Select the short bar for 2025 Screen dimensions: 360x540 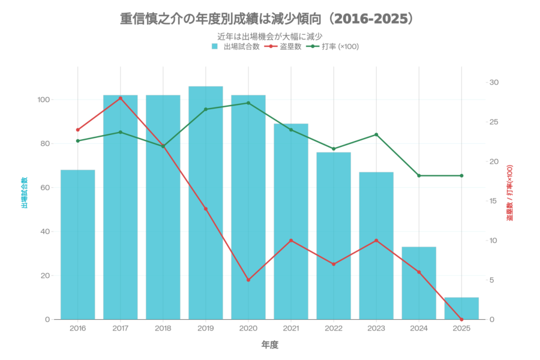pyautogui.click(x=461, y=308)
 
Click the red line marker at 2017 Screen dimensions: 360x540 pyautogui.click(x=120, y=98)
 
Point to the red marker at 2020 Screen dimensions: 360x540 pyautogui.click(x=248, y=280)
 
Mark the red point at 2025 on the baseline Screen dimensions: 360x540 pyautogui.click(x=461, y=319)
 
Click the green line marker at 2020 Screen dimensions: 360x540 pyautogui.click(x=248, y=103)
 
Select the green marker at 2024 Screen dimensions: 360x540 pyautogui.click(x=419, y=176)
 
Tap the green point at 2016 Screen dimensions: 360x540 pyautogui.click(x=77, y=141)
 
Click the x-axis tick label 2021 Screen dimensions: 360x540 pyautogui.click(x=290, y=328)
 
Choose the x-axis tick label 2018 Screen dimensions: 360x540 pyautogui.click(x=163, y=328)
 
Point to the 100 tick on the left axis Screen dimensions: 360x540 pyautogui.click(x=43, y=100)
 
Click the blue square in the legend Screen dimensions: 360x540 pyautogui.click(x=214, y=46)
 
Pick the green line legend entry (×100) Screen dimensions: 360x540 pyautogui.click(x=333, y=46)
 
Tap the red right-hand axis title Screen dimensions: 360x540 pyautogui.click(x=509, y=193)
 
